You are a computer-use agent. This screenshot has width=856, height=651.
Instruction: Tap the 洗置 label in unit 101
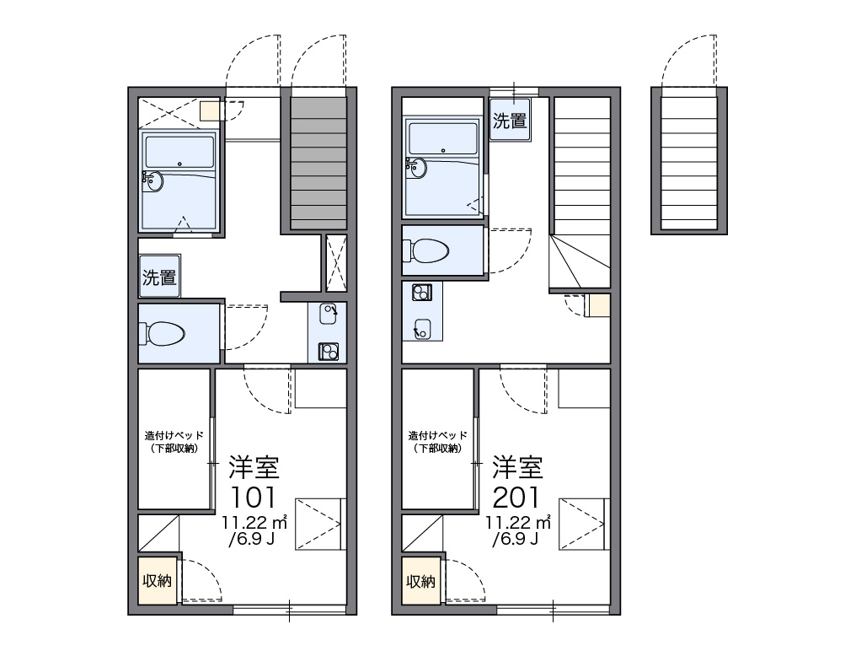click(159, 277)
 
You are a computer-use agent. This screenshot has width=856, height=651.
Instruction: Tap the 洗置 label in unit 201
click(510, 121)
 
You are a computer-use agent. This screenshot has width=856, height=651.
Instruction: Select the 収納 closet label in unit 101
click(158, 580)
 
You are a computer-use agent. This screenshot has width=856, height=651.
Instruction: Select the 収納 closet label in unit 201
click(421, 581)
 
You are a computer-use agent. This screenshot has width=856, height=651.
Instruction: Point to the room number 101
click(254, 497)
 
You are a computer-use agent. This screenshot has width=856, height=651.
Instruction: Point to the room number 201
click(516, 497)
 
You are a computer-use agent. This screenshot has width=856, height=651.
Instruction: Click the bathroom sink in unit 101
click(152, 181)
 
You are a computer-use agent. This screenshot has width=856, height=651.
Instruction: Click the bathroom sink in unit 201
click(416, 168)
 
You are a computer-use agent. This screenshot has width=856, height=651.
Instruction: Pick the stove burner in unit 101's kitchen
click(328, 351)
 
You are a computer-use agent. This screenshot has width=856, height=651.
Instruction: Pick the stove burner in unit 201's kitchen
click(421, 293)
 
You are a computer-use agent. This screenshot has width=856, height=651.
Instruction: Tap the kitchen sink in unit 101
click(328, 314)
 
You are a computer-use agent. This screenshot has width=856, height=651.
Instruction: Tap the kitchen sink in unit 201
click(422, 329)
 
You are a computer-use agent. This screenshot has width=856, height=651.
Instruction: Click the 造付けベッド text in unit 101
click(174, 436)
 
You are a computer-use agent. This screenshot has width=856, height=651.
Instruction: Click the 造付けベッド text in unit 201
click(438, 436)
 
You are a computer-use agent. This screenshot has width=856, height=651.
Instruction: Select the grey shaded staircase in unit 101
click(318, 164)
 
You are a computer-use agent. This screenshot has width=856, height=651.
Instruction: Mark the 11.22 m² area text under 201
click(518, 522)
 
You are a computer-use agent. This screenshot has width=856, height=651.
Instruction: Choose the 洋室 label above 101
click(254, 467)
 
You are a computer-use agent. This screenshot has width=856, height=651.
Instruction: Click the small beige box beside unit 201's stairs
click(599, 305)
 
